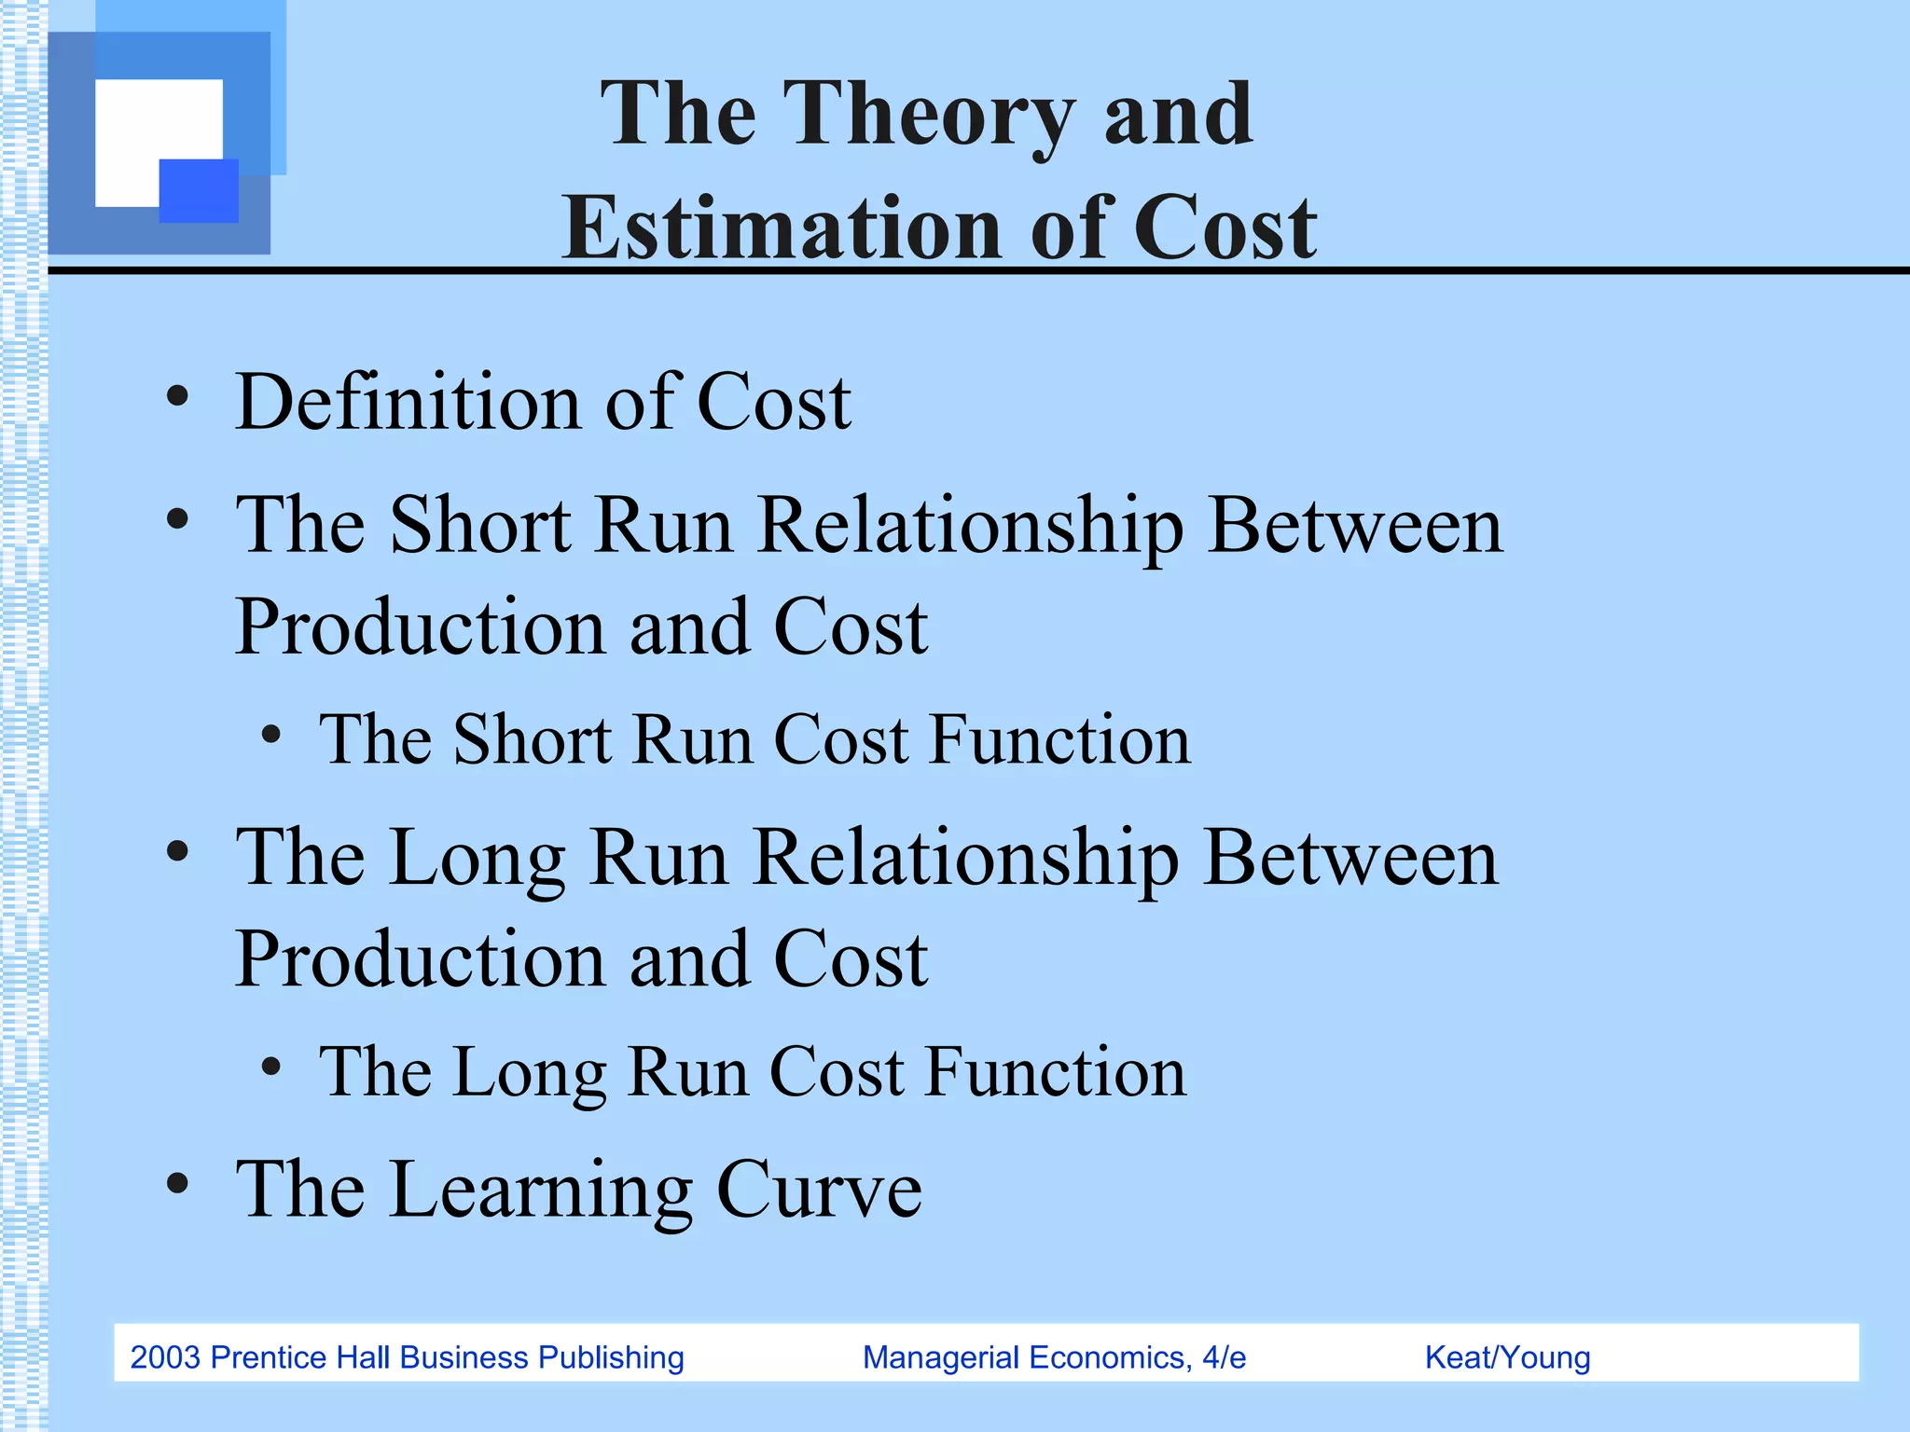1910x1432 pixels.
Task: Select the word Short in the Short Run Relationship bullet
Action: tap(479, 526)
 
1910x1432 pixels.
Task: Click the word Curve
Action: tap(819, 1191)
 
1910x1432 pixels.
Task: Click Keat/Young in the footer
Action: tap(1507, 1357)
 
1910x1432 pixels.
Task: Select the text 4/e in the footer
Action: tap(1224, 1357)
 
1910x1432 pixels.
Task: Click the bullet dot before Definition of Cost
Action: tap(177, 399)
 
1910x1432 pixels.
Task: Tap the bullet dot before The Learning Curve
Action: tap(177, 1184)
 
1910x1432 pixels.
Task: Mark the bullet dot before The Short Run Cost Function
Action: tap(270, 736)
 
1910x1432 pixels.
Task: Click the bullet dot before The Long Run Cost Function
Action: tap(270, 1067)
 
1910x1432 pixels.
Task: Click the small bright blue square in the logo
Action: tap(199, 190)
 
